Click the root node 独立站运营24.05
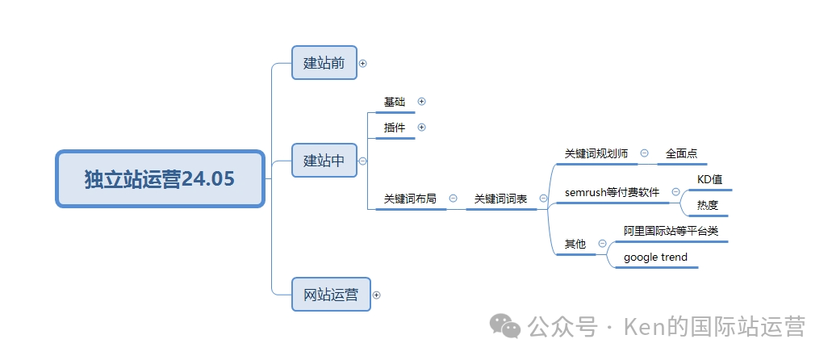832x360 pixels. (161, 178)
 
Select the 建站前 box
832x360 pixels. (324, 63)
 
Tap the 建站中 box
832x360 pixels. (324, 161)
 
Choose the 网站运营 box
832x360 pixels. (331, 295)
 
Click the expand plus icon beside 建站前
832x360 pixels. (363, 63)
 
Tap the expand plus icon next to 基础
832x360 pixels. (421, 102)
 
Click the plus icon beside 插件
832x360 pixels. (421, 128)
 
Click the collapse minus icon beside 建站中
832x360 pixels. (363, 161)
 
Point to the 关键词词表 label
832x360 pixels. (500, 199)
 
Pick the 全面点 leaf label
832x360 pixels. (682, 153)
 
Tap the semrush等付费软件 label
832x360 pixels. (612, 192)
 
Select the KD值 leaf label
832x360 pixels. (709, 179)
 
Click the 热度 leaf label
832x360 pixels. (707, 205)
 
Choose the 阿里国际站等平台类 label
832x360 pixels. (671, 231)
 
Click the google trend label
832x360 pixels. (655, 257)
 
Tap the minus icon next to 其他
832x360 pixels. (602, 244)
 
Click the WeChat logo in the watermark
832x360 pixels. (507, 326)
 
